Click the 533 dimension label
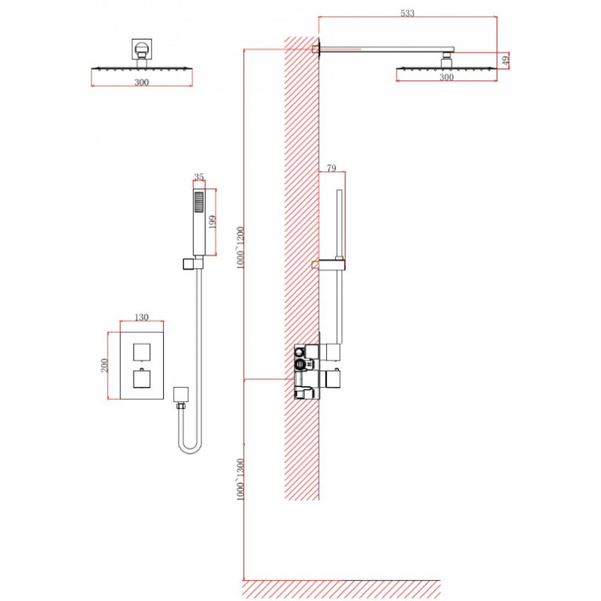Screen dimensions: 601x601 click(x=407, y=13)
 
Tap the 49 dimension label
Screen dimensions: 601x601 click(x=505, y=61)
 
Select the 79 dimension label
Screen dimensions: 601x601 click(x=331, y=168)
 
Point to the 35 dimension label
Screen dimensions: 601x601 click(x=199, y=177)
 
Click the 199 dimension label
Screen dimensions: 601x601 click(x=212, y=222)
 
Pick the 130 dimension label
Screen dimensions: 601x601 click(x=141, y=317)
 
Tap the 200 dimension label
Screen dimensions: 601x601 click(x=104, y=365)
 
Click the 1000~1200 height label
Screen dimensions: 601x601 click(x=240, y=248)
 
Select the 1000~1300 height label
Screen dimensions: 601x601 click(x=240, y=479)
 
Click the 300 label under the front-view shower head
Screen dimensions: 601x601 click(x=141, y=82)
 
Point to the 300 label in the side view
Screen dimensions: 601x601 click(x=446, y=77)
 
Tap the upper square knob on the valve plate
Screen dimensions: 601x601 click(x=142, y=352)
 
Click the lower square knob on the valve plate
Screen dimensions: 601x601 click(x=142, y=379)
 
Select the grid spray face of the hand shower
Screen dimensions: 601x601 click(x=199, y=202)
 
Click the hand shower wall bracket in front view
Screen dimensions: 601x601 click(x=192, y=264)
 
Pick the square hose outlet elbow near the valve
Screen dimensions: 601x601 click(x=181, y=394)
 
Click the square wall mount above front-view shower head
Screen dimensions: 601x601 click(x=142, y=49)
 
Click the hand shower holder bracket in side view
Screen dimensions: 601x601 click(x=331, y=264)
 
